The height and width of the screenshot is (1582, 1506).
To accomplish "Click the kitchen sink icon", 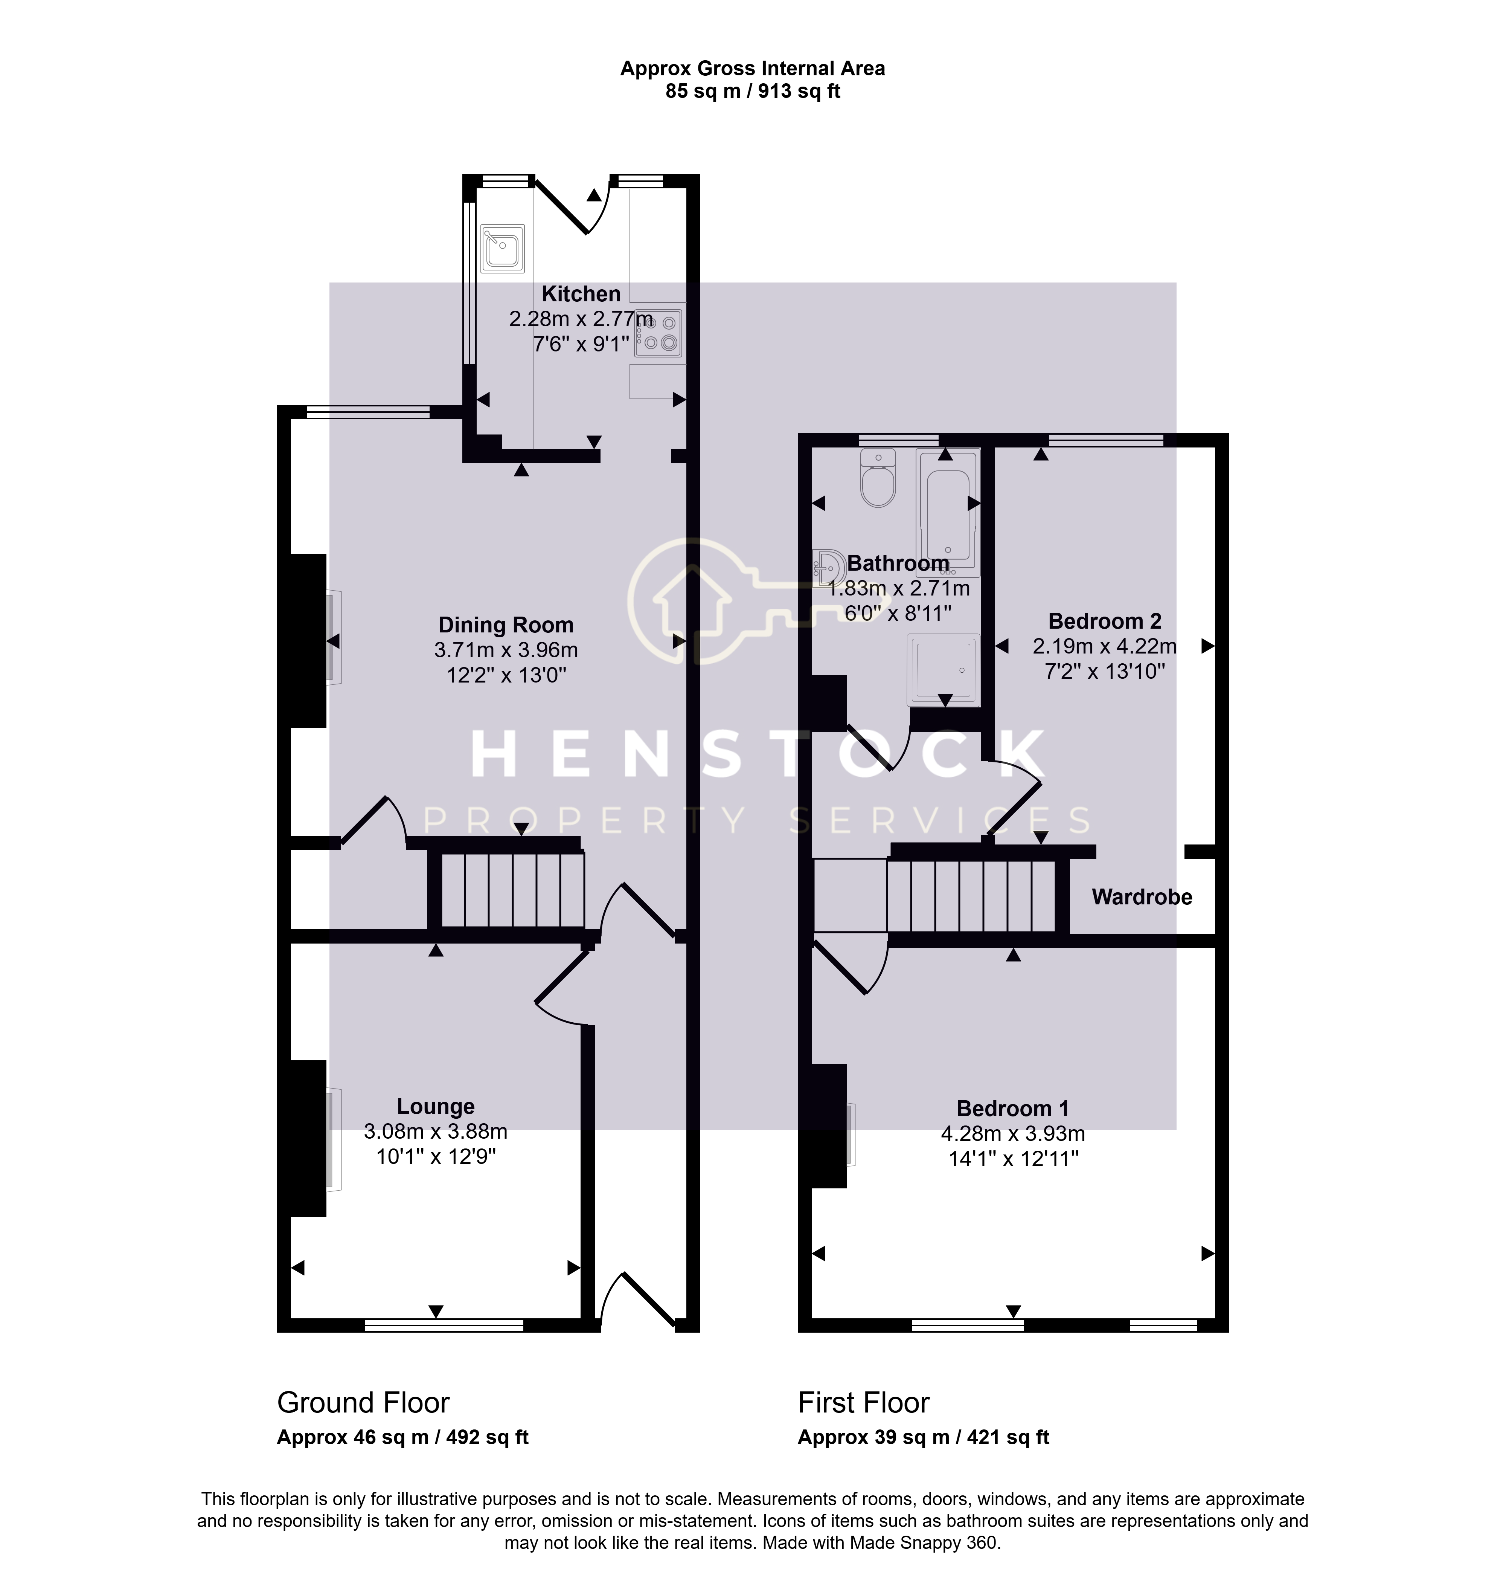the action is coord(503,249).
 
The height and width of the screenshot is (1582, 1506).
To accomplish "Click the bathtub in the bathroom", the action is coord(948,512).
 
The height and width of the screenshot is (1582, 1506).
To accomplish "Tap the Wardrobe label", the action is coord(1142,897).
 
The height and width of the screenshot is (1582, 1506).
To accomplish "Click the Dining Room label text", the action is coord(506,625).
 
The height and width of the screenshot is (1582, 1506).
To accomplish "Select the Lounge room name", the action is coord(436,1107).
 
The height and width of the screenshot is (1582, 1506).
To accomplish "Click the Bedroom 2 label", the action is coord(1105,621).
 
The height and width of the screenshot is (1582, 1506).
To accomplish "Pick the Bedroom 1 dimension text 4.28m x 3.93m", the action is coord(1013,1134).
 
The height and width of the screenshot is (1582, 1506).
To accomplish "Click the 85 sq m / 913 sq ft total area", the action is coord(753,92).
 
